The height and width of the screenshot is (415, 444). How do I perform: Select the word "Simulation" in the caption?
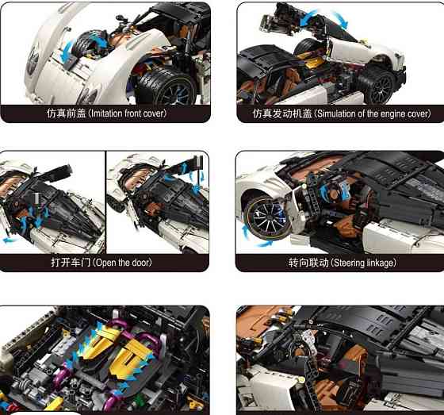pos(339,113)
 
